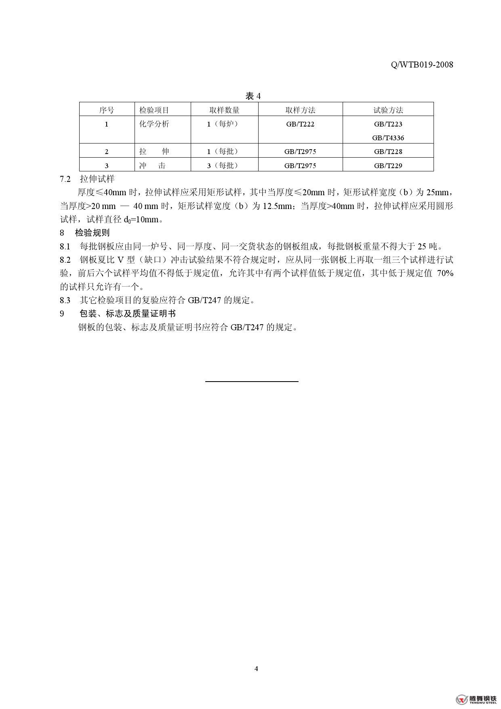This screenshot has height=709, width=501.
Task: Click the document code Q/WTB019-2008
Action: (x=422, y=65)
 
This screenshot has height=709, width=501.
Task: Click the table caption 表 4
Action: (x=253, y=96)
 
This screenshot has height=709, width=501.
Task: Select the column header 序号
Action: (x=107, y=110)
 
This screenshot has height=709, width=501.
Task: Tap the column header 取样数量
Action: (x=224, y=110)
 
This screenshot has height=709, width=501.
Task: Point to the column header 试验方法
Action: (x=388, y=110)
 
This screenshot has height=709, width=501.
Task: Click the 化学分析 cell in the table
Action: (x=154, y=124)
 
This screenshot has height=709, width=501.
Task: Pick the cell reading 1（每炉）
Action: (x=223, y=124)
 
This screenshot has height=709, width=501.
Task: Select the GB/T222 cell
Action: (x=300, y=124)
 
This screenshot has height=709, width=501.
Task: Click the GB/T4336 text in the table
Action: (x=388, y=138)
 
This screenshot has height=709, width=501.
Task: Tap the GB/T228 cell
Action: (x=388, y=152)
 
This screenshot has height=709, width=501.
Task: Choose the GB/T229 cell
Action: (x=388, y=165)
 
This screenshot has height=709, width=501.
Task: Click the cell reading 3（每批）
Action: (x=223, y=165)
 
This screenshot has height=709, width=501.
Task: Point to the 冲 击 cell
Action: (x=152, y=165)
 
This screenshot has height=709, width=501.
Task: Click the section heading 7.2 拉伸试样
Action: (x=87, y=179)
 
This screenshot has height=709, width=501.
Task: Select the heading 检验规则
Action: (x=92, y=233)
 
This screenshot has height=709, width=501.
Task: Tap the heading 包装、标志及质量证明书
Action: (x=127, y=314)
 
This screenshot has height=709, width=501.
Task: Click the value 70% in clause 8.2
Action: (x=445, y=273)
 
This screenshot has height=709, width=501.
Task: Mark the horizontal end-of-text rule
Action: (x=252, y=381)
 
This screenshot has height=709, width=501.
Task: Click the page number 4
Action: (x=256, y=669)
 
